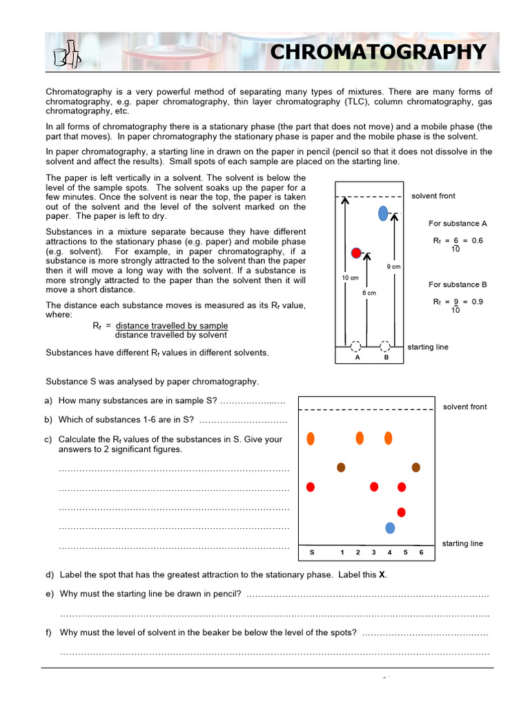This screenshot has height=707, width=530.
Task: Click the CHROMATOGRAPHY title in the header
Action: pyautogui.click(x=377, y=52)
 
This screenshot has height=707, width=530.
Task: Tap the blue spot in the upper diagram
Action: pyautogui.click(x=383, y=214)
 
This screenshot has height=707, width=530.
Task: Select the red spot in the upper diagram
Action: pyautogui.click(x=356, y=253)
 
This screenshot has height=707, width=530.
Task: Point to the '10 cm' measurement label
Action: pyautogui.click(x=350, y=278)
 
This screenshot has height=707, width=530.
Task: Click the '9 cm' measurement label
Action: pyautogui.click(x=393, y=267)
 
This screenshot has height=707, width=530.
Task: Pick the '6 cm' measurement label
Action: pyautogui.click(x=369, y=293)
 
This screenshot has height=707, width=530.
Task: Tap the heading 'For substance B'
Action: pyautogui.click(x=458, y=284)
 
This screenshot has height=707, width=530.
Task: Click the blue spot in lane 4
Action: pyautogui.click(x=390, y=528)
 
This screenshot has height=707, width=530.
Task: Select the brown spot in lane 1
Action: pyautogui.click(x=341, y=467)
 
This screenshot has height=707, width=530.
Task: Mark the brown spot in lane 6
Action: pyautogui.click(x=416, y=467)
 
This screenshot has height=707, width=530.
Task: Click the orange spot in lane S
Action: pyautogui.click(x=311, y=438)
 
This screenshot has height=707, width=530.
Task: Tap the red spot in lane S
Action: pyautogui.click(x=311, y=487)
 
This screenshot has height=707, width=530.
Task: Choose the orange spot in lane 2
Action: pyautogui.click(x=360, y=438)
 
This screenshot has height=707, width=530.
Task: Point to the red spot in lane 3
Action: pyautogui.click(x=374, y=487)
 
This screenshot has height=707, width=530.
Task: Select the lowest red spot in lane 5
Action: pyautogui.click(x=401, y=512)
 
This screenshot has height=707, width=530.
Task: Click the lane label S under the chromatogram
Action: pyautogui.click(x=311, y=552)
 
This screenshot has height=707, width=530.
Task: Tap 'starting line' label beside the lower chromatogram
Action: pyautogui.click(x=462, y=543)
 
